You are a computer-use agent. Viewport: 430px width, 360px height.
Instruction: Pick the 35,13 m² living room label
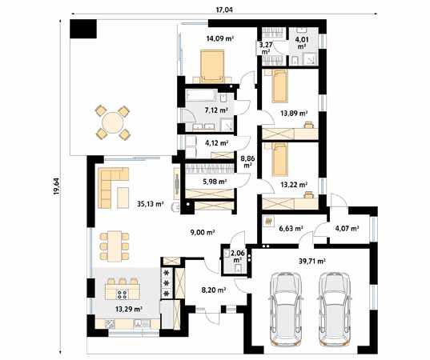tap(151, 204)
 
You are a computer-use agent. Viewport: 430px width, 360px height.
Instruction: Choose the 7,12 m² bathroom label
tap(216, 110)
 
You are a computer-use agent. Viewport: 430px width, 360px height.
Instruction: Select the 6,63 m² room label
tap(290, 228)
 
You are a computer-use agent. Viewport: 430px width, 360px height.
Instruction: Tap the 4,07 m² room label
tap(346, 228)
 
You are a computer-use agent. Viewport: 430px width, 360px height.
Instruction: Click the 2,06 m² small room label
tap(236, 256)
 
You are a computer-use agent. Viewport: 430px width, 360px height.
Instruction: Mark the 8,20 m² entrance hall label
tap(213, 291)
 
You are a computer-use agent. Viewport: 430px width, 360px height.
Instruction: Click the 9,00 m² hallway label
tap(203, 233)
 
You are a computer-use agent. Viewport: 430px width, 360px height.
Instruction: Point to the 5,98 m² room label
tap(215, 182)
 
